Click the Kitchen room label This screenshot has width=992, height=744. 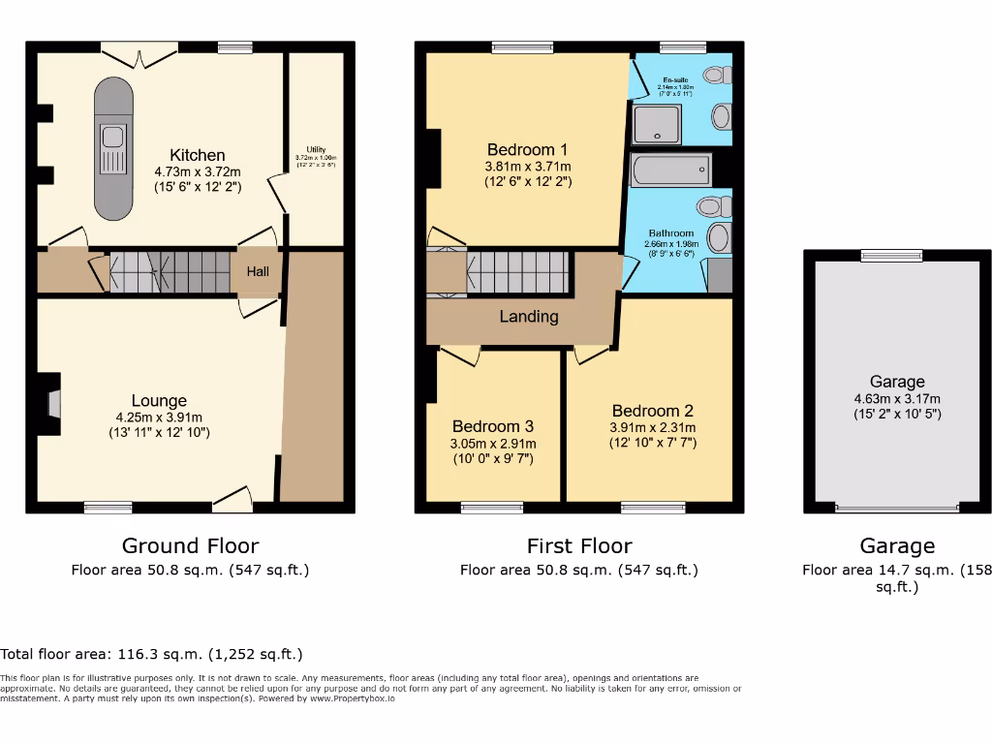(197, 155)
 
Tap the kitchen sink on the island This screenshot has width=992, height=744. (110, 147)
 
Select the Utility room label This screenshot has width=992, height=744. (316, 149)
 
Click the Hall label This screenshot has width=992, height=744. (258, 272)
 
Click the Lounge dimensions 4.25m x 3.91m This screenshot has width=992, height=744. (160, 418)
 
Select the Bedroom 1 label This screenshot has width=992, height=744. (527, 149)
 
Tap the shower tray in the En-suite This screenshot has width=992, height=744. (658, 124)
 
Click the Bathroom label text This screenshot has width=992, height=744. (671, 233)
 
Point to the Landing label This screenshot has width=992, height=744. (529, 317)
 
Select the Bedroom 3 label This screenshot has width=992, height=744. (493, 426)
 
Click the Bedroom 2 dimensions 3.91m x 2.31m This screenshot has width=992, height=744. (652, 427)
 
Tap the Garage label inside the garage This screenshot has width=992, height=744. (897, 382)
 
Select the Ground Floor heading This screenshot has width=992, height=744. (190, 546)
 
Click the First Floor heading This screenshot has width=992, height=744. (578, 546)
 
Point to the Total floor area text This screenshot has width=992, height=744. (151, 655)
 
